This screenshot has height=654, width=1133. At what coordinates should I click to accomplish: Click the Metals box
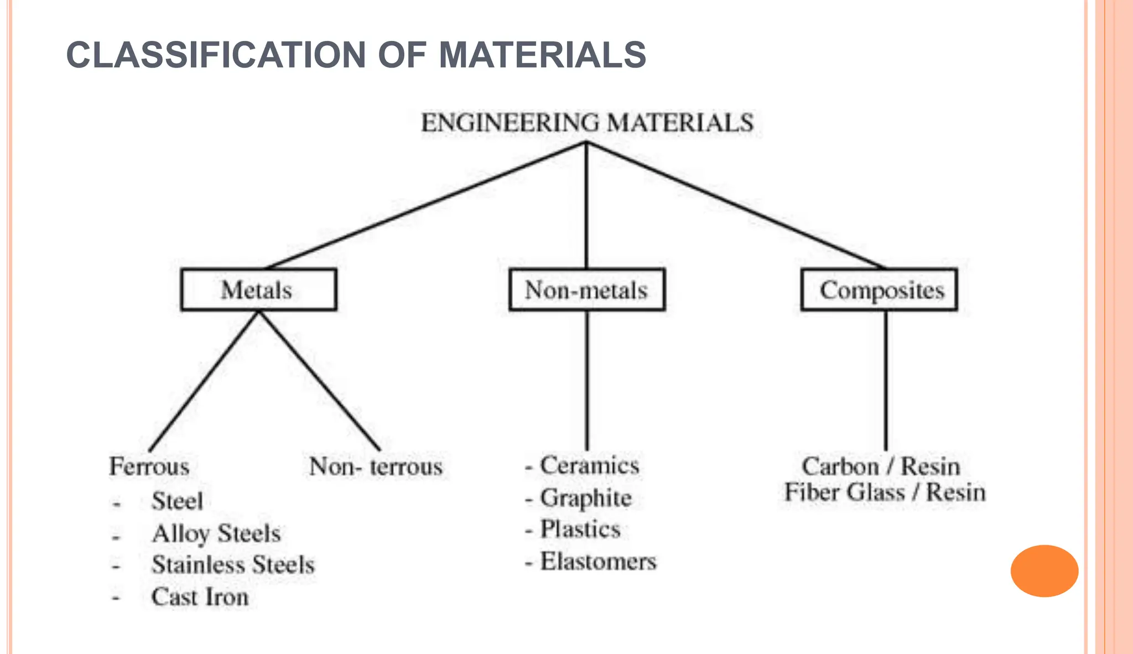pyautogui.click(x=258, y=290)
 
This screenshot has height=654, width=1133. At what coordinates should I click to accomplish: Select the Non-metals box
pyautogui.click(x=586, y=290)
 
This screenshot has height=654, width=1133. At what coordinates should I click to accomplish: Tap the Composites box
pyautogui.click(x=880, y=290)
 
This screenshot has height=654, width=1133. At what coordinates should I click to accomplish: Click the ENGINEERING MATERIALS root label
pyautogui.click(x=587, y=122)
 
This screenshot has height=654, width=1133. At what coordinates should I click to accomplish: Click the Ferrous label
pyautogui.click(x=149, y=466)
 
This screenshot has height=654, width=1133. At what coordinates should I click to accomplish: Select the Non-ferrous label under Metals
pyautogui.click(x=376, y=466)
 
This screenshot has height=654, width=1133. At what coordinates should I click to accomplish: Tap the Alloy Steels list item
pyautogui.click(x=216, y=534)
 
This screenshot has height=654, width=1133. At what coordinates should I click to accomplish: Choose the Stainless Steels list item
pyautogui.click(x=233, y=565)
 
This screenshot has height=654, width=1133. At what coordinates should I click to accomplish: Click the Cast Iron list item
pyautogui.click(x=200, y=597)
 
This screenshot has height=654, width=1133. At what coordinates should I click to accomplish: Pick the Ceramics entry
pyautogui.click(x=589, y=465)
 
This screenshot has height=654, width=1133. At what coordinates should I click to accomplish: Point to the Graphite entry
pyautogui.click(x=585, y=498)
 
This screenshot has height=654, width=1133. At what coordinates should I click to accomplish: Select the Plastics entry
pyautogui.click(x=580, y=529)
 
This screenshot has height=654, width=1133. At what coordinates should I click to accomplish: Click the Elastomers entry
pyautogui.click(x=598, y=562)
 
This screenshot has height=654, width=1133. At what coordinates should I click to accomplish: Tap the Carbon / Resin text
pyautogui.click(x=881, y=466)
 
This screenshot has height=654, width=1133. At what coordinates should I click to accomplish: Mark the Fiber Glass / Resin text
pyautogui.click(x=885, y=492)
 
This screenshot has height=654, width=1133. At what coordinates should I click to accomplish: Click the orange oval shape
pyautogui.click(x=1044, y=570)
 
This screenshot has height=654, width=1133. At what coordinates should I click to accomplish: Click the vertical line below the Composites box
pyautogui.click(x=886, y=381)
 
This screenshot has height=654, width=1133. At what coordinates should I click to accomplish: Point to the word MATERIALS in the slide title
pyautogui.click(x=542, y=55)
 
